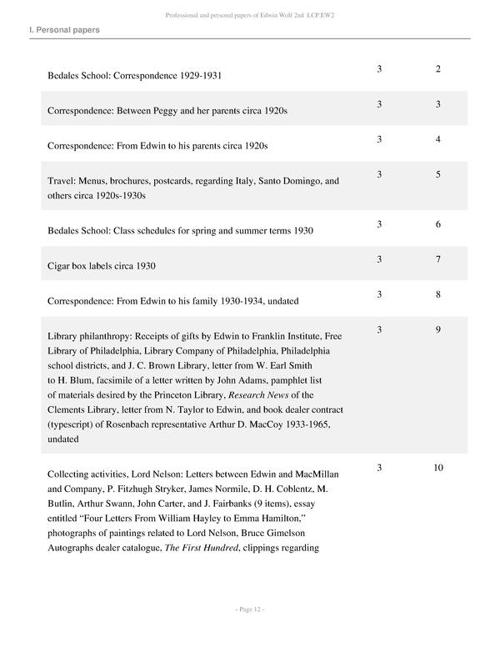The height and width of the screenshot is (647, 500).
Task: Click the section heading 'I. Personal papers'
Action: pyautogui.click(x=64, y=30)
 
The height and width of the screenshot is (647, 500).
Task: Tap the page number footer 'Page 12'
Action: pyautogui.click(x=249, y=610)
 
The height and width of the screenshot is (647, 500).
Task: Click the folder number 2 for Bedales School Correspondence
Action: pyautogui.click(x=438, y=68)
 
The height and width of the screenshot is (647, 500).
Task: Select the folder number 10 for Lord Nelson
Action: pyautogui.click(x=438, y=468)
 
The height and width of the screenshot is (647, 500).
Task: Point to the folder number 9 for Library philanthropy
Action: pyautogui.click(x=438, y=330)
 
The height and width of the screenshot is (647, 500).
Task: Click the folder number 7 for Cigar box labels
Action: pyautogui.click(x=438, y=260)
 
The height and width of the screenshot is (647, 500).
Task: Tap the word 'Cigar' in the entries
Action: pyautogui.click(x=60, y=266)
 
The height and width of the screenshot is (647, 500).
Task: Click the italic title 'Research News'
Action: pyautogui.click(x=265, y=395)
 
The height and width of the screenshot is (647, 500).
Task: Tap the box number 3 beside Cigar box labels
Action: pyautogui.click(x=379, y=260)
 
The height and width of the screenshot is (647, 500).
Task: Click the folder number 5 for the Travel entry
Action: pyautogui.click(x=438, y=174)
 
